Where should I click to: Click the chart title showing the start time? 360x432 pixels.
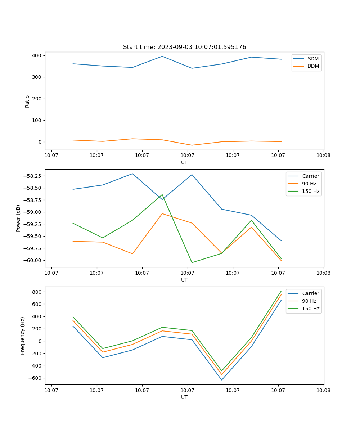click(184, 47)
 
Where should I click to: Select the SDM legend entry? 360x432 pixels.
click(313, 59)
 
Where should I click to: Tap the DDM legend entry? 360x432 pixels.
click(313, 66)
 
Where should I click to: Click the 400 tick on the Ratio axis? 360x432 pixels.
click(37, 55)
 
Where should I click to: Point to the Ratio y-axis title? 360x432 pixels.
click(27, 101)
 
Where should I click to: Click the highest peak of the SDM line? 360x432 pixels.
click(162, 57)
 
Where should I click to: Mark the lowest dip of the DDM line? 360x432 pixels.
click(192, 145)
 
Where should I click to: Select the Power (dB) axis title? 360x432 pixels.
click(18, 218)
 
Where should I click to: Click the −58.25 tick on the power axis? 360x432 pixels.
click(33, 176)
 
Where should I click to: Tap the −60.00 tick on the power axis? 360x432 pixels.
click(33, 260)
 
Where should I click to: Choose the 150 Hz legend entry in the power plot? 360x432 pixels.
click(311, 191)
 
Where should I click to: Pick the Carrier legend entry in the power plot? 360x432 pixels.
click(310, 176)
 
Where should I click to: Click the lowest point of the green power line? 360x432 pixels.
click(192, 262)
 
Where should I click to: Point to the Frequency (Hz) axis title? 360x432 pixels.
click(23, 336)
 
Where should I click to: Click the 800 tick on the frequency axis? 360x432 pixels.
click(37, 292)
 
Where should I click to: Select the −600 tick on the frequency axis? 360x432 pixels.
click(36, 378)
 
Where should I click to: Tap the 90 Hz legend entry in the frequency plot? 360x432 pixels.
click(309, 301)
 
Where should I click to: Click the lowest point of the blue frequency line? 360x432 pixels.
click(221, 380)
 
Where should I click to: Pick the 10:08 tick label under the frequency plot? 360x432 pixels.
click(323, 390)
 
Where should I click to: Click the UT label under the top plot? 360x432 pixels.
click(184, 162)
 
